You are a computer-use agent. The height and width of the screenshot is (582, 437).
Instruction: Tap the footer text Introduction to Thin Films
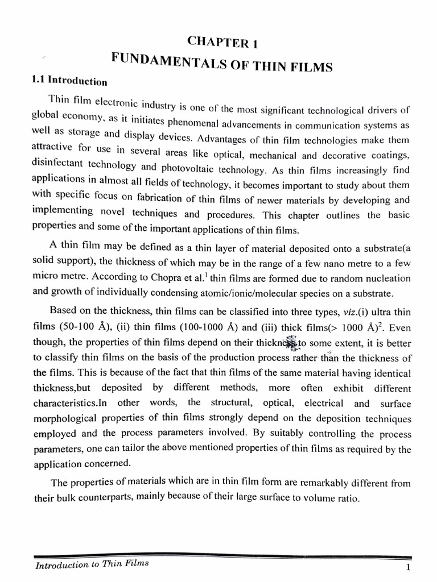point(92,564)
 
